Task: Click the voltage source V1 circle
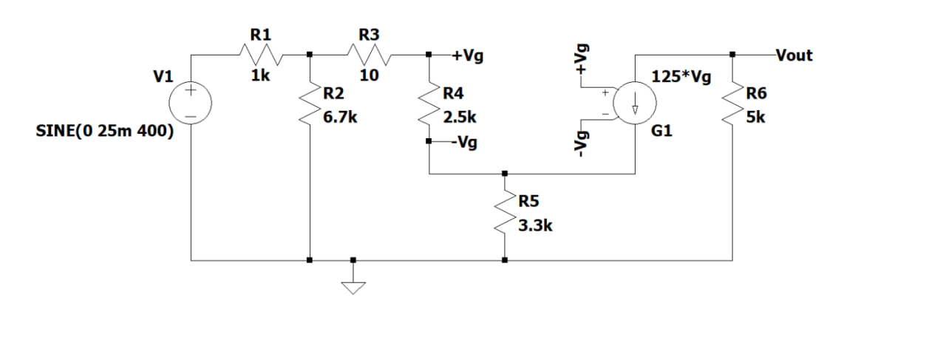click(191, 102)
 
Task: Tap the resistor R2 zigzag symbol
click(310, 103)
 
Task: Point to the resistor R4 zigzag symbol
click(430, 103)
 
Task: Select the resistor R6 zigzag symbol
click(732, 103)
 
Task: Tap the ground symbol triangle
click(353, 285)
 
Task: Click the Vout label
click(794, 55)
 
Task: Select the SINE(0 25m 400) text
click(105, 132)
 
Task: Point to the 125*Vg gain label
click(681, 76)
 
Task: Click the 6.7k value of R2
click(341, 117)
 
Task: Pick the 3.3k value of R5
click(535, 227)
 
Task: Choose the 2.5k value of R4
click(460, 117)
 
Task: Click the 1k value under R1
click(260, 75)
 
